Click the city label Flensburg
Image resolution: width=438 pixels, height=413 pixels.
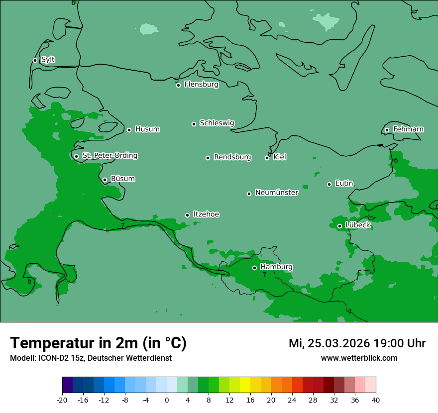(201, 85)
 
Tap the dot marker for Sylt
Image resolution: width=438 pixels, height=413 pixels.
(35, 60)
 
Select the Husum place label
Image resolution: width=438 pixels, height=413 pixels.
(147, 129)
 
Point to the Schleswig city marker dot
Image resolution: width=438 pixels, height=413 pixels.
(194, 124)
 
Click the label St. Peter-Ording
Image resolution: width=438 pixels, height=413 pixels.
(109, 156)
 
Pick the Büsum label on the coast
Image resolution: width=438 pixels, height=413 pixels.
(122, 179)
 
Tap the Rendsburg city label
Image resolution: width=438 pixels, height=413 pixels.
(232, 157)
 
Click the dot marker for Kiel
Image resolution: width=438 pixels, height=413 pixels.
(267, 158)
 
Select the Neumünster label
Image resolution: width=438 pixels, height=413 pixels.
(277, 193)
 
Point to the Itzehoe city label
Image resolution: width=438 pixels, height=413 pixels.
(206, 214)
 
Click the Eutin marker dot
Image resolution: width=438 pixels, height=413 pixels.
(329, 184)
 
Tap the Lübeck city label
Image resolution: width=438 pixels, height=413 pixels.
(358, 225)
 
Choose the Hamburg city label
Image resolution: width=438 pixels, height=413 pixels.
(276, 267)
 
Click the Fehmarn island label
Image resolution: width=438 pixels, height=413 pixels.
(408, 129)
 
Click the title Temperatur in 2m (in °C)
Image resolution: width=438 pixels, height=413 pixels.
(98, 343)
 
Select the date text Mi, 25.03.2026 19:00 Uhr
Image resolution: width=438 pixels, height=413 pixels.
(357, 343)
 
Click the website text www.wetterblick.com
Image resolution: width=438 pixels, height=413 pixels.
(359, 358)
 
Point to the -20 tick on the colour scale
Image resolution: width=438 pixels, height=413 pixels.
(62, 400)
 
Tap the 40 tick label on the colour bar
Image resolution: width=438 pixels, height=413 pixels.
(376, 400)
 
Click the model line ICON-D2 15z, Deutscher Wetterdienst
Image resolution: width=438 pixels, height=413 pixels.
(91, 358)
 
